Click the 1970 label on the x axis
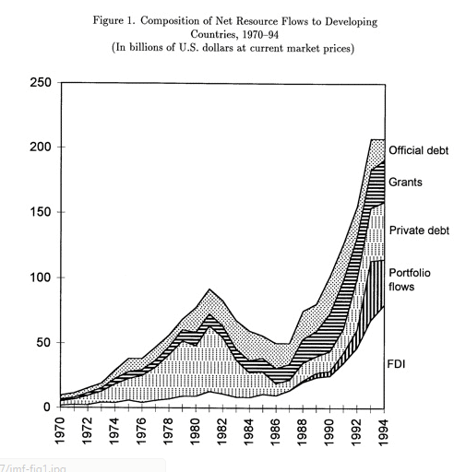[61, 431]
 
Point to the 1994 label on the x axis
[382, 431]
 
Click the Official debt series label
[418, 150]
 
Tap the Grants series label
[405, 183]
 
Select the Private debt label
[418, 230]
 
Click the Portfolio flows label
[410, 279]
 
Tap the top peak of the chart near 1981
[211, 290]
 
